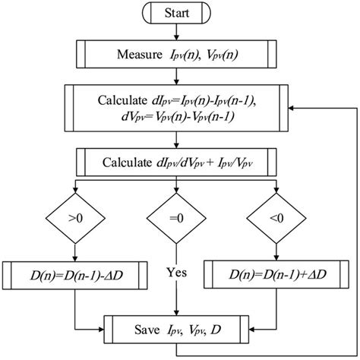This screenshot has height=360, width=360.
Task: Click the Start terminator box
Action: pyautogui.click(x=177, y=14)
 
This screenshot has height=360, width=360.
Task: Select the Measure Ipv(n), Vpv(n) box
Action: pyautogui.click(x=177, y=53)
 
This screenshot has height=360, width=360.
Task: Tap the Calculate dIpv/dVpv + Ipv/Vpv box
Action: pyautogui.click(x=177, y=161)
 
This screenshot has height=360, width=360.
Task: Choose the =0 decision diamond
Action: pyautogui.click(x=177, y=220)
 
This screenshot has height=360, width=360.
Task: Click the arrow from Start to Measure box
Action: pyautogui.click(x=177, y=32)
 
